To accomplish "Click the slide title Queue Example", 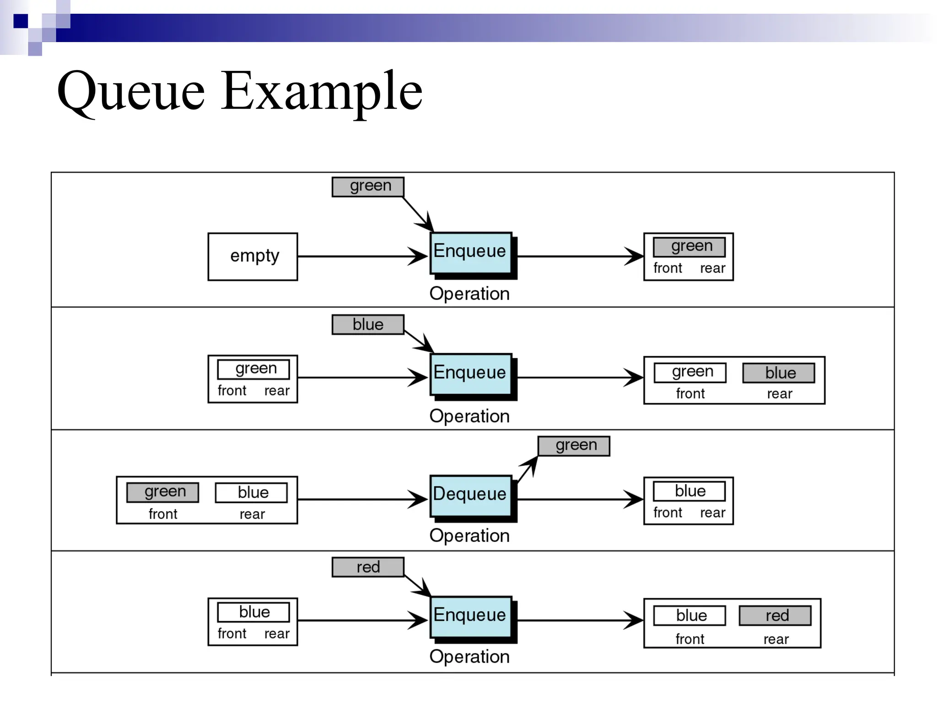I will click(240, 92).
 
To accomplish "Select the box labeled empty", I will click(253, 256).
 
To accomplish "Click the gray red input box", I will click(368, 567).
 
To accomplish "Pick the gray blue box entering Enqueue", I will click(368, 324).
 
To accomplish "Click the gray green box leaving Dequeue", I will click(574, 446).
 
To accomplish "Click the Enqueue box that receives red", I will click(470, 616).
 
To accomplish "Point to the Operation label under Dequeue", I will click(469, 535).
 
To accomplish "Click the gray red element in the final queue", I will click(775, 616).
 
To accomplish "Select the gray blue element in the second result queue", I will click(778, 373).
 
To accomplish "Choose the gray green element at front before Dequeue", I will click(163, 492).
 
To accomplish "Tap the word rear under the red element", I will click(776, 639).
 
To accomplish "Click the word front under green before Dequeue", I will click(163, 514).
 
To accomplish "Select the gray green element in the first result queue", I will click(689, 247).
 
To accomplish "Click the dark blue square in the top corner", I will click(21, 21).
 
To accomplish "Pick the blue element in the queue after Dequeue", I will click(689, 491).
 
